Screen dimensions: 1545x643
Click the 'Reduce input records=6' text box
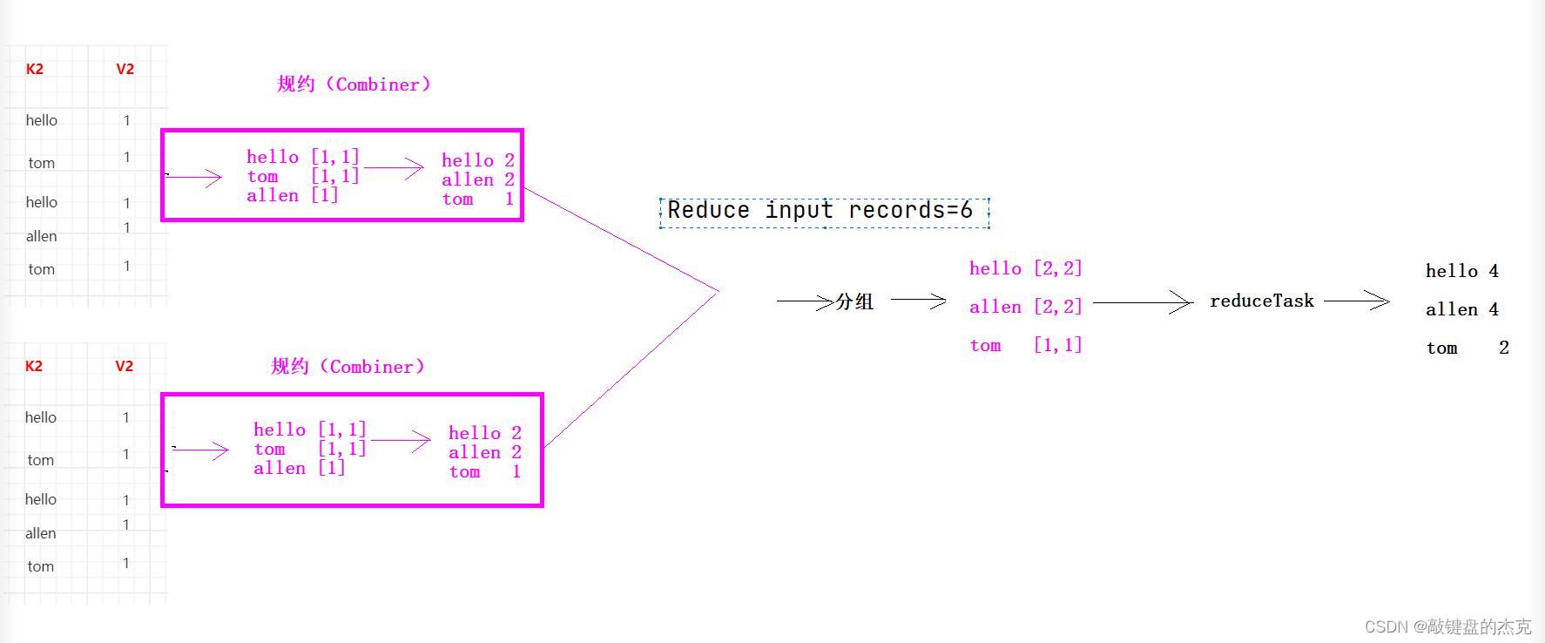tap(824, 212)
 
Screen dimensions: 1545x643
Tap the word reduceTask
tap(1261, 301)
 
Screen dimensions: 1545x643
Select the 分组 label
tap(854, 301)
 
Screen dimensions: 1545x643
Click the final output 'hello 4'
tap(1461, 271)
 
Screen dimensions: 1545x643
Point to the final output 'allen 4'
tap(1461, 309)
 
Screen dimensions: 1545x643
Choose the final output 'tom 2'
tap(1467, 348)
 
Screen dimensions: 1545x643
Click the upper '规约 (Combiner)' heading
tap(354, 85)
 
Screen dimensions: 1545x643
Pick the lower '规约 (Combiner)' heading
tap(347, 367)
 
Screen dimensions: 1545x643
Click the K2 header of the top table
tap(35, 70)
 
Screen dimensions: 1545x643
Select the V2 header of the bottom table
tap(125, 367)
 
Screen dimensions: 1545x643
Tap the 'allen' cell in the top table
tap(41, 236)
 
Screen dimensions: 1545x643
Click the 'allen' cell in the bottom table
tap(40, 533)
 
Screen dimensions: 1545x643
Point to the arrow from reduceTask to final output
tap(1356, 301)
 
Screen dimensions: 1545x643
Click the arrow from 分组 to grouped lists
tap(918, 301)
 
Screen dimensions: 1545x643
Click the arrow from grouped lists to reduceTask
tap(1142, 302)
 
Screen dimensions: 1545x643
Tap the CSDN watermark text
tap(1447, 626)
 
